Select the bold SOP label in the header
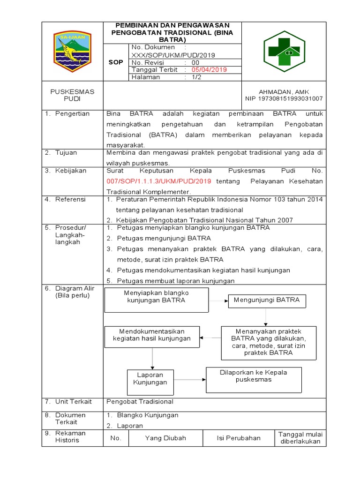116,62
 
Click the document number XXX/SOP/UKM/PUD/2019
173,55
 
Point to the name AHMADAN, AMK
284,92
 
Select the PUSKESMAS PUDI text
72,96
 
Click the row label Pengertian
72,114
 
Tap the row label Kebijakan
71,171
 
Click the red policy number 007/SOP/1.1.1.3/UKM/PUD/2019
159,181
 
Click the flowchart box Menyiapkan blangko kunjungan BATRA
156,300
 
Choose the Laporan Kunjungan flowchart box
150,379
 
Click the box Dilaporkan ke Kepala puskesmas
254,380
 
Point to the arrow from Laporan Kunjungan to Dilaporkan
190,380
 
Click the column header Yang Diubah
165,438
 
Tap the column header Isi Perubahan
239,438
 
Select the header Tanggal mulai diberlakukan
300,438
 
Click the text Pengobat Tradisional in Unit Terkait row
140,402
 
